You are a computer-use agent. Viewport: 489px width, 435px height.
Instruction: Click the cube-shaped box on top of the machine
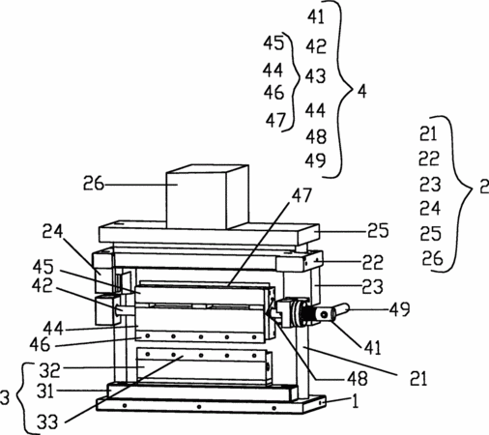click(207, 197)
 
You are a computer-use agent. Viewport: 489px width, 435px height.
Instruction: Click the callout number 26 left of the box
click(94, 184)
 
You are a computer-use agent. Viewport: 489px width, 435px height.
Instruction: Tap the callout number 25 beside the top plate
click(378, 231)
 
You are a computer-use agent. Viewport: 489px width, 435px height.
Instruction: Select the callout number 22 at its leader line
click(373, 262)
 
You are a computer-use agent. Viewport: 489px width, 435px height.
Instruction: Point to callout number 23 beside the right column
click(372, 286)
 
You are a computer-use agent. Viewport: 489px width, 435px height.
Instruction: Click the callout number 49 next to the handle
click(399, 309)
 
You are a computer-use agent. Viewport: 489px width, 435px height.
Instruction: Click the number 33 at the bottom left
click(47, 421)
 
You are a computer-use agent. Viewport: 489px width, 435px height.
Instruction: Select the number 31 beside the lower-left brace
click(45, 391)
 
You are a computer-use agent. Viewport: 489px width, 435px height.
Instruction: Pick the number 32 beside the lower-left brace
click(49, 370)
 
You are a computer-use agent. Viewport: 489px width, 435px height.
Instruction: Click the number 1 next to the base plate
click(355, 401)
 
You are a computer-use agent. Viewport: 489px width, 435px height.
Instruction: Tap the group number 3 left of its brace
click(5, 397)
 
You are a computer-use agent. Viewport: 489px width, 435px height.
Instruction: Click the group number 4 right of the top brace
click(362, 92)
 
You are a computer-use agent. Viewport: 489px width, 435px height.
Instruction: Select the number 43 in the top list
click(316, 76)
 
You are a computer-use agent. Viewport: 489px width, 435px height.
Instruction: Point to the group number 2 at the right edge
click(484, 186)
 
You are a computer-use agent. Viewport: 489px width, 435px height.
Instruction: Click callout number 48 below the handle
click(358, 379)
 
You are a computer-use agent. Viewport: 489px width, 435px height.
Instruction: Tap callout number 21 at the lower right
click(418, 379)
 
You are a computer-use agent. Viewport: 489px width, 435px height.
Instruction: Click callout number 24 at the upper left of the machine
click(53, 231)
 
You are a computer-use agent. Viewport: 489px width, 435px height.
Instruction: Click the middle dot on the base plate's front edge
click(199, 407)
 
